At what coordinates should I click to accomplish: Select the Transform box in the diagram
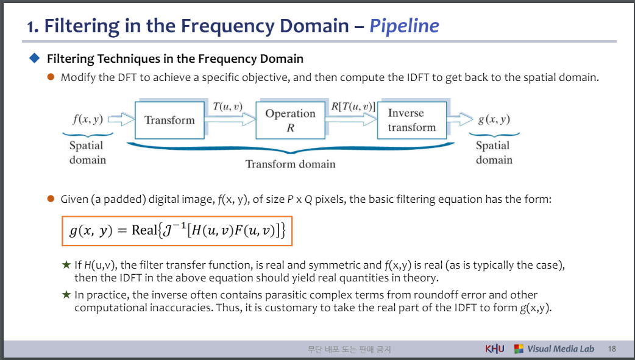169,120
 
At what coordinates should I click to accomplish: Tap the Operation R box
290,120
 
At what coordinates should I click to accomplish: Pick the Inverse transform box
412,120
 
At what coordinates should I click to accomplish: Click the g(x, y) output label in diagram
494,119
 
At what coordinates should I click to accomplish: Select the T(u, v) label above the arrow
227,107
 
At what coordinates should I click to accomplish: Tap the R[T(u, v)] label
353,107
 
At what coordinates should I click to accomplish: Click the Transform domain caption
290,164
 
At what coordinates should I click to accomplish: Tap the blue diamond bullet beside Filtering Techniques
34,58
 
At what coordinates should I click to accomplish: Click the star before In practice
66,294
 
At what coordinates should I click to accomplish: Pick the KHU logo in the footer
494,349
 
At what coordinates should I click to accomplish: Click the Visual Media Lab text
560,349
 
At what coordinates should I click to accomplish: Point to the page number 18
611,349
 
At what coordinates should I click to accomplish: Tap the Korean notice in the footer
349,350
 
